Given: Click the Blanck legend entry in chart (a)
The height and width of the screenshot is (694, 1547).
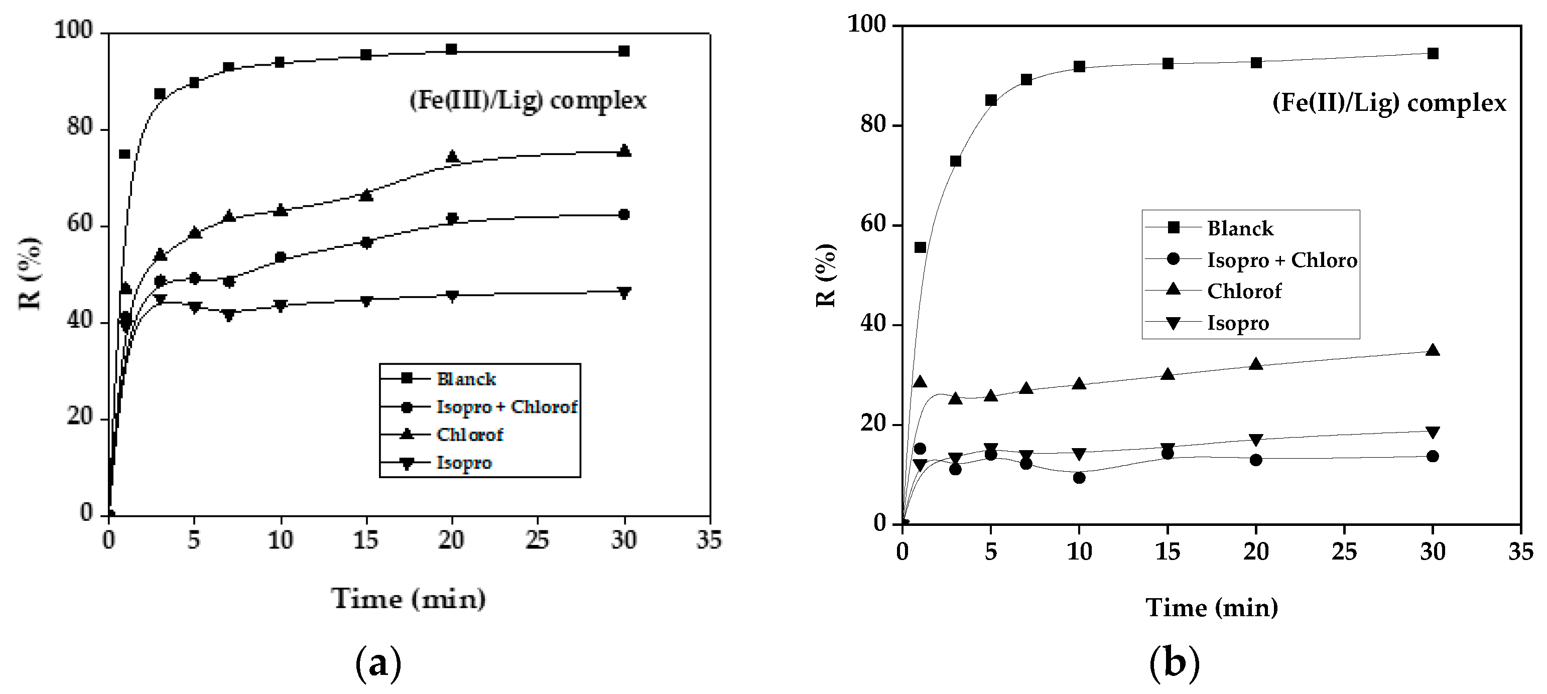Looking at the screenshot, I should (466, 379).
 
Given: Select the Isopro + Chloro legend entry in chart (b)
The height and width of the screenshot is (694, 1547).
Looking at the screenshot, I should (1281, 260).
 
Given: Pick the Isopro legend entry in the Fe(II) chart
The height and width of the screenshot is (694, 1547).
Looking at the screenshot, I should (1238, 323).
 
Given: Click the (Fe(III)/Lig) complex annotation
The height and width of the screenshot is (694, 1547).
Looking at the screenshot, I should (527, 100).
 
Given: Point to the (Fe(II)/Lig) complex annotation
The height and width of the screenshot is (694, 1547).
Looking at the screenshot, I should (1389, 103).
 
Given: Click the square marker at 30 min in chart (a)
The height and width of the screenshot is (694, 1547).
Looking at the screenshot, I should (624, 51).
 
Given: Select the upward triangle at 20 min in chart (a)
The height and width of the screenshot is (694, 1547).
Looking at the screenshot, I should (452, 157).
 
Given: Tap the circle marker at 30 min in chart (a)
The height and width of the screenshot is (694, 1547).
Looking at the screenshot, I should (624, 214).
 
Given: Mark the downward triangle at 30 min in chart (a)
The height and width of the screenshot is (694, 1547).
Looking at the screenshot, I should (624, 293).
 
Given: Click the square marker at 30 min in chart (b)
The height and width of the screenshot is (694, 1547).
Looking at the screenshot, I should (1432, 53).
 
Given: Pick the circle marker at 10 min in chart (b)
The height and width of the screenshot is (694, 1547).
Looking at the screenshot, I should (1079, 478).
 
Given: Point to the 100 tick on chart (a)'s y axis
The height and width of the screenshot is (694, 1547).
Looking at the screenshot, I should (74, 30).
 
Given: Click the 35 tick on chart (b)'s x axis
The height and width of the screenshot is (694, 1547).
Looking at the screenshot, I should (1520, 551).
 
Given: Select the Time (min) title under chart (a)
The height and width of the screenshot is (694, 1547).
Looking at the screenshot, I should (409, 599).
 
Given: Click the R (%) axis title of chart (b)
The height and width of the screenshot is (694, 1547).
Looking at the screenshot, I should (826, 275).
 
